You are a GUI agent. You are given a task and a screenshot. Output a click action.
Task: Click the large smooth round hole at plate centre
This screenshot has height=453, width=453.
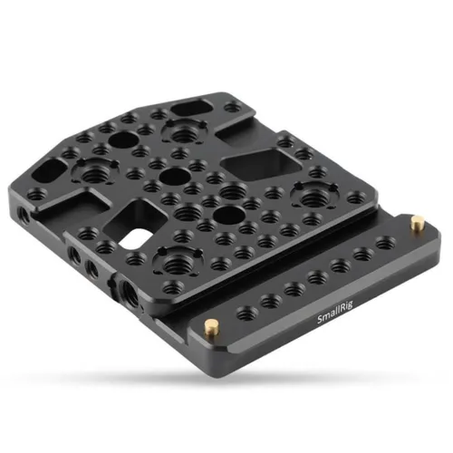178,175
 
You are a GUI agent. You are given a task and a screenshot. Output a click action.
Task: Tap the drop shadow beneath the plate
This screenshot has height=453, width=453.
226,381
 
